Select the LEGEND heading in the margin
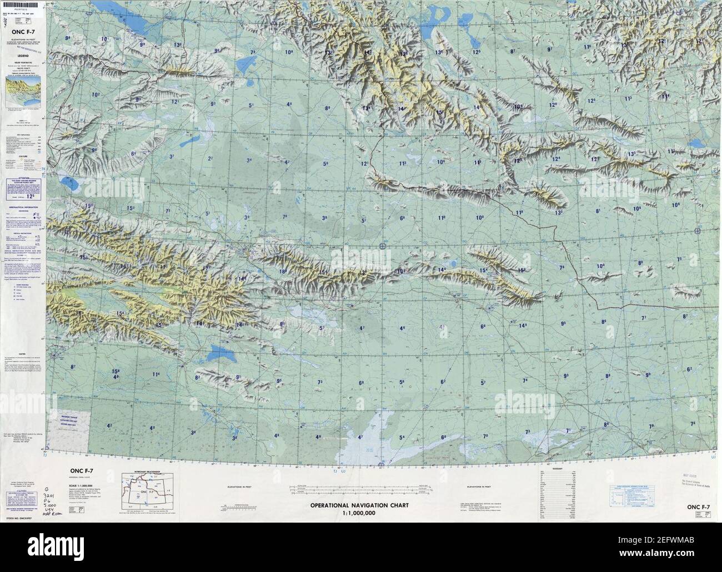[x=23, y=56]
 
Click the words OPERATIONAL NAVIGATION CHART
[x=359, y=505]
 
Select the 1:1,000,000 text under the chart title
[x=359, y=513]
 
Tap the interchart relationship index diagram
[x=147, y=489]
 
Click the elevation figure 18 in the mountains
[x=282, y=271]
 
